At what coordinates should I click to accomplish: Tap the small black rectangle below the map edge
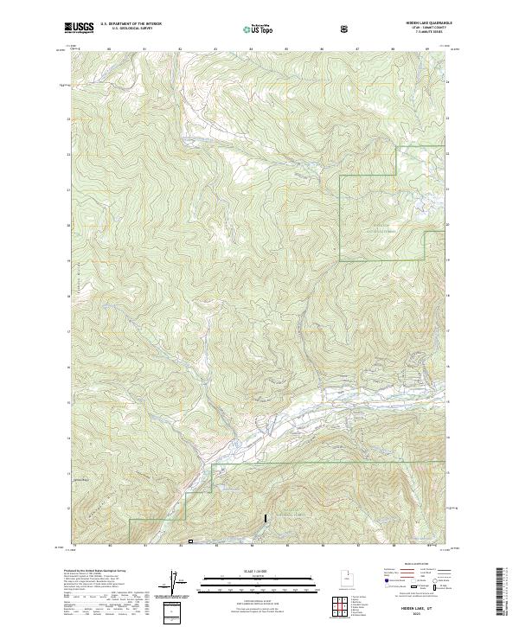(x=191, y=542)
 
